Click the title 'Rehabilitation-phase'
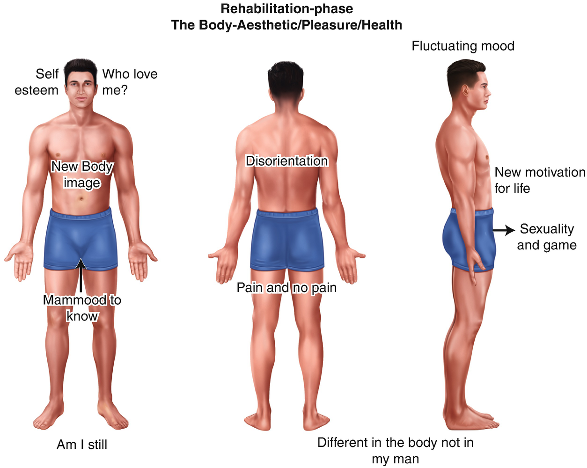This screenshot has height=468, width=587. point(286,9)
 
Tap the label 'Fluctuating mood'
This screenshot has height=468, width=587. point(463,46)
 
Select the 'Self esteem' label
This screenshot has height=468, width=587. point(37,82)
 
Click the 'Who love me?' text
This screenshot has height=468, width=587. point(130,82)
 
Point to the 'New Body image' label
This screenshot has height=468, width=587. point(82,174)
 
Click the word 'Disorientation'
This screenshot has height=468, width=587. point(286,161)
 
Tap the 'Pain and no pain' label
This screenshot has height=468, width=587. point(286,287)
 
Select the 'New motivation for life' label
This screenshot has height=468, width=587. point(539,180)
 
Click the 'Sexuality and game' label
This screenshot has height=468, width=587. point(547,237)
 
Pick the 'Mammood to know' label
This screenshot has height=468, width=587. point(82,308)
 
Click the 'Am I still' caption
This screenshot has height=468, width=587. point(82,445)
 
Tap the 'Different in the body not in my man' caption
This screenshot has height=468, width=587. point(395,451)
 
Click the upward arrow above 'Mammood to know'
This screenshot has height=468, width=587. point(81,276)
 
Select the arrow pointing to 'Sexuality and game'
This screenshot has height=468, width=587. point(503,230)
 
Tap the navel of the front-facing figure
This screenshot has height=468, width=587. point(81,199)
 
